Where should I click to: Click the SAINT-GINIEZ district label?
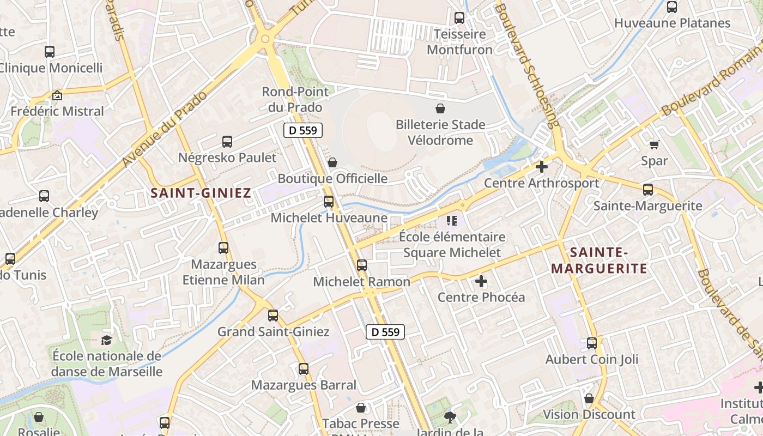pos(201,192)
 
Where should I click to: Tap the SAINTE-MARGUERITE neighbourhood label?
pos(599,260)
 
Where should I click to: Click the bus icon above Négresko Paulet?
pos(227,142)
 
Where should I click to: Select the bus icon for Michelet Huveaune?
pos(329,202)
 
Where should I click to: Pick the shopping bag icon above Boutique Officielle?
pos(332,162)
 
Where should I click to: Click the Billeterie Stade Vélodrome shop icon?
pos(440,108)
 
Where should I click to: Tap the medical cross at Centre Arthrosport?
pos(541,167)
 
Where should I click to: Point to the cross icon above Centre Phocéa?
pos(481,281)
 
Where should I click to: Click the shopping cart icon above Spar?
pos(654,144)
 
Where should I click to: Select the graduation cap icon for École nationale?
pos(106,341)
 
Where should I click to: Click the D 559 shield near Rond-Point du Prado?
pos(303,130)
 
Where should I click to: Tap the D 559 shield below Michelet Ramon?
pos(385,331)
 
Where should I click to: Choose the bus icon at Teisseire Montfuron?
pos(459,18)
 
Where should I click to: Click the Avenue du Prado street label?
pos(166,129)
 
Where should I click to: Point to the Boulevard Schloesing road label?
pos(528,65)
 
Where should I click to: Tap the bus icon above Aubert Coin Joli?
pos(592,343)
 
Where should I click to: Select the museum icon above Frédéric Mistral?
pos(57,95)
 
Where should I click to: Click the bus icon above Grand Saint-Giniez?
pos(273,315)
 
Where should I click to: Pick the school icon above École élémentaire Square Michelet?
pos(451,221)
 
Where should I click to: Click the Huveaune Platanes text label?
pos(672,23)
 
